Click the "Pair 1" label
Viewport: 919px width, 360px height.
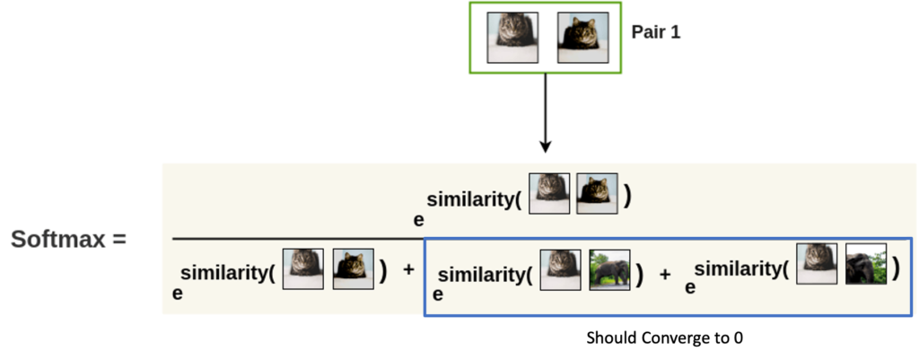(656, 31)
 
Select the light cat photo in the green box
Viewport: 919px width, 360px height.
(512, 38)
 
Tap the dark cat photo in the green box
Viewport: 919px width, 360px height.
(583, 38)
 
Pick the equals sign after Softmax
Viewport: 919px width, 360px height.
(119, 240)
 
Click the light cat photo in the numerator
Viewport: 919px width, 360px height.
(549, 193)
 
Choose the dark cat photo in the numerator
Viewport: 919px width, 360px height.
(597, 193)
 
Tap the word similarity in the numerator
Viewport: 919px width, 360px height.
(469, 199)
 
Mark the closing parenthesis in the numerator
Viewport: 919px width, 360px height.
(627, 197)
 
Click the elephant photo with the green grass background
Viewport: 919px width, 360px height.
(609, 269)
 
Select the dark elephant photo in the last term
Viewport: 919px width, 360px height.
(866, 265)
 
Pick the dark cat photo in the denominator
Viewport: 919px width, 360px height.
(354, 268)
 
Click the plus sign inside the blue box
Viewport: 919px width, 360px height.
(665, 275)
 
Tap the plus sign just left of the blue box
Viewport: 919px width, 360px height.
(408, 269)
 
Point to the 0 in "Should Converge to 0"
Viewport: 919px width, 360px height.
(738, 338)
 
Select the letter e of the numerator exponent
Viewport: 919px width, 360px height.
(419, 220)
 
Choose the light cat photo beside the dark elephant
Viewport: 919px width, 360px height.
(817, 265)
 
